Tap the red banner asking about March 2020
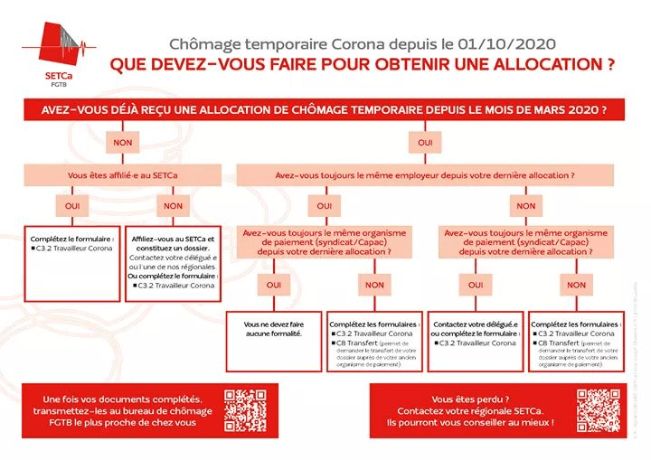click(325, 109)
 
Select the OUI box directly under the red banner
click(424, 143)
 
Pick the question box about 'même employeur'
click(424, 174)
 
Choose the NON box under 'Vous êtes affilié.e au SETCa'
click(173, 205)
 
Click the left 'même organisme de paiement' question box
click(324, 242)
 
